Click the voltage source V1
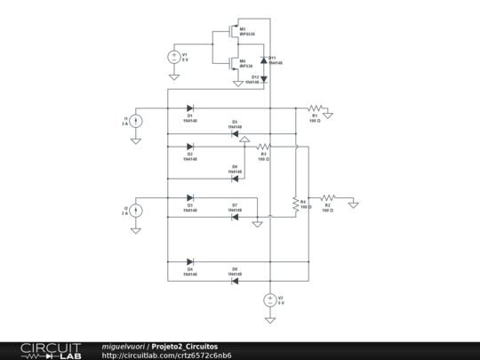pyautogui.click(x=173, y=56)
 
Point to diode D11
pyautogui.click(x=263, y=59)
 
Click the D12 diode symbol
pyautogui.click(x=263, y=78)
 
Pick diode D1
pyautogui.click(x=190, y=108)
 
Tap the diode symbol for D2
pyautogui.click(x=190, y=146)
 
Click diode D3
pyautogui.click(x=190, y=197)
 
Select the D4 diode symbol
pyautogui.click(x=190, y=261)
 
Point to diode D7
pyautogui.click(x=235, y=216)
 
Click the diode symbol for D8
pyautogui.click(x=235, y=280)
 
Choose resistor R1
pyautogui.click(x=314, y=108)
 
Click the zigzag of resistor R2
pyautogui.click(x=327, y=197)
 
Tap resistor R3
pyautogui.click(x=263, y=146)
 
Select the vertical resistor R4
pyautogui.click(x=295, y=204)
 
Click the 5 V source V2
pyautogui.click(x=269, y=300)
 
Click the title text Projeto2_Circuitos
pyautogui.click(x=184, y=346)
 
